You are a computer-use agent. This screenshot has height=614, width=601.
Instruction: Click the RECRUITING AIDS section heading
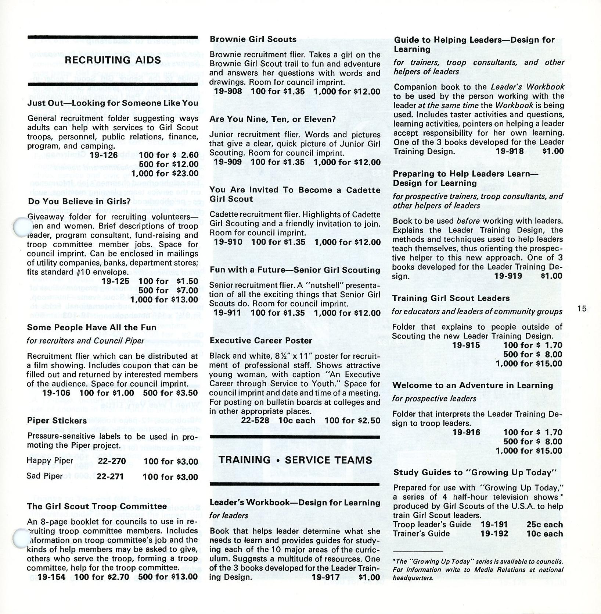(113, 60)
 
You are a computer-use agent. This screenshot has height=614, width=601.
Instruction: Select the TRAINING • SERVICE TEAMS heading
(295, 460)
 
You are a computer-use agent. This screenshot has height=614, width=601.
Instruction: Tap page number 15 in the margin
(582, 309)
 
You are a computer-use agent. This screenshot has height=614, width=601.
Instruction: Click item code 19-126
(104, 155)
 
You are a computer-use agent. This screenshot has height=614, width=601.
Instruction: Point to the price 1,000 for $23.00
(165, 174)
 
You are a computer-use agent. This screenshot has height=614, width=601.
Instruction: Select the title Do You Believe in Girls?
(79, 202)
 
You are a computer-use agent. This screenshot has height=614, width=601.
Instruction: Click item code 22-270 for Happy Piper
(112, 461)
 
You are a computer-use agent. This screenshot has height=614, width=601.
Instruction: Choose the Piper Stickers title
(57, 421)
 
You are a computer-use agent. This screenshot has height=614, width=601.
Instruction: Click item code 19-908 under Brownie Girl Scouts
(228, 92)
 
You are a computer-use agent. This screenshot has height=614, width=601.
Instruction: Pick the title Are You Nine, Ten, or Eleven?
(273, 120)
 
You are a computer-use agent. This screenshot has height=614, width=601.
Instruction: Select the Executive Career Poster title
(261, 341)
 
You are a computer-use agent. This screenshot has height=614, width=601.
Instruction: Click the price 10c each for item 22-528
(297, 420)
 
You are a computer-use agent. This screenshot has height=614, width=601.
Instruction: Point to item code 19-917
(325, 577)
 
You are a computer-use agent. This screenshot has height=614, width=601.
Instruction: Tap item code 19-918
(510, 151)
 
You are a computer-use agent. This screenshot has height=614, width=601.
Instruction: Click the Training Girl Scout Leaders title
(451, 298)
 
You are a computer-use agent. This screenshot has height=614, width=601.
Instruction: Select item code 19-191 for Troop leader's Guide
(494, 525)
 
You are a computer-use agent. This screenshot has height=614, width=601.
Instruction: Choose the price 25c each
(544, 525)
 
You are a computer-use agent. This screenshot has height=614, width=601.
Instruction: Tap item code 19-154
(51, 577)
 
